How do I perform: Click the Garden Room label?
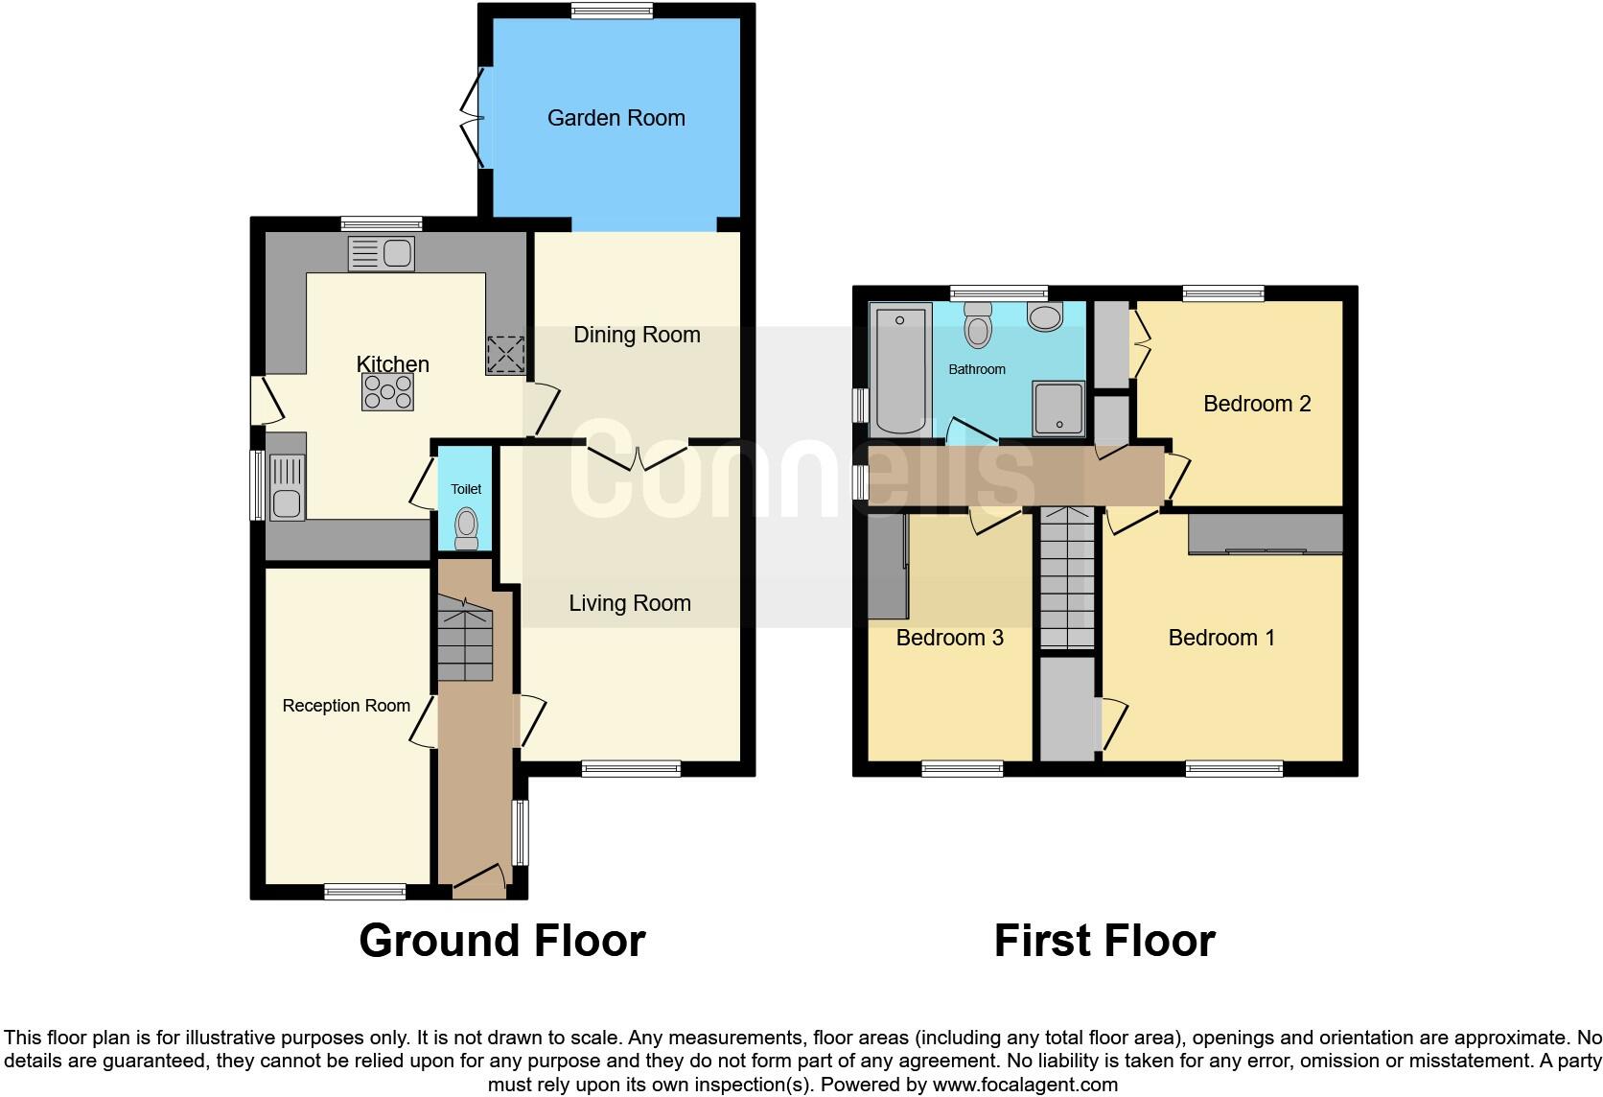(x=616, y=118)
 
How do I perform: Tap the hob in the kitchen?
(x=387, y=392)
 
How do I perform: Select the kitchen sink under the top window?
(x=382, y=253)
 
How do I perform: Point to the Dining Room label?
(x=637, y=335)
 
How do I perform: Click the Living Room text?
(x=629, y=603)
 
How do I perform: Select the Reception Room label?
(x=346, y=706)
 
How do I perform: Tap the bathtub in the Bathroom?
(x=899, y=368)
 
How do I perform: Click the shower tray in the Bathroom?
(x=1058, y=408)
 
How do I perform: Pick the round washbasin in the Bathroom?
(x=1044, y=316)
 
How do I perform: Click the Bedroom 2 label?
(x=1256, y=404)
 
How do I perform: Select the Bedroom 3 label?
(x=949, y=638)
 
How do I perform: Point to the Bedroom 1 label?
(x=1220, y=638)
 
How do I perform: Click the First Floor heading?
(x=1104, y=941)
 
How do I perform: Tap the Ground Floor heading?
(x=501, y=941)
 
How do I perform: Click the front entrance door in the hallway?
(x=478, y=880)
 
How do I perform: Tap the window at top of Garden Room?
(x=612, y=11)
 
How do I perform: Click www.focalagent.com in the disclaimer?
(x=1024, y=1085)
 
